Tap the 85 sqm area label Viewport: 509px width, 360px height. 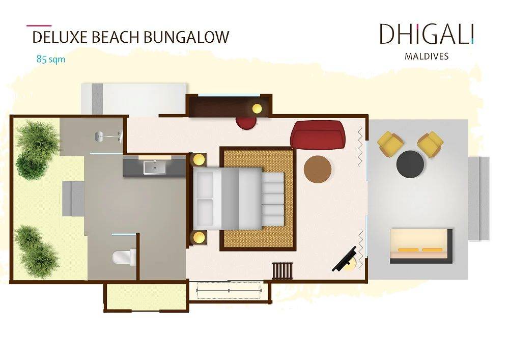50,59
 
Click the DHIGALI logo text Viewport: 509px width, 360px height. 427,34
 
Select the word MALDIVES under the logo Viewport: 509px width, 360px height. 427,56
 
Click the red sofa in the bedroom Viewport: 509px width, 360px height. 318,134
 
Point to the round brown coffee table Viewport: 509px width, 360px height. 318,169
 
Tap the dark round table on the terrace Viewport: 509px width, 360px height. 410,163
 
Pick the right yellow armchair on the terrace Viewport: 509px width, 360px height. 430,143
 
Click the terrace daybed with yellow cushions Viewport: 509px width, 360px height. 421,246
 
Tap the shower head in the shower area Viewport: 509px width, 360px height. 100,135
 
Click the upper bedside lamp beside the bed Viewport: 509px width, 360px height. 198,159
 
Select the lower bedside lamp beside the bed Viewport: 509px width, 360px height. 198,237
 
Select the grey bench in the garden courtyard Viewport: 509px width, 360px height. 73,198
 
